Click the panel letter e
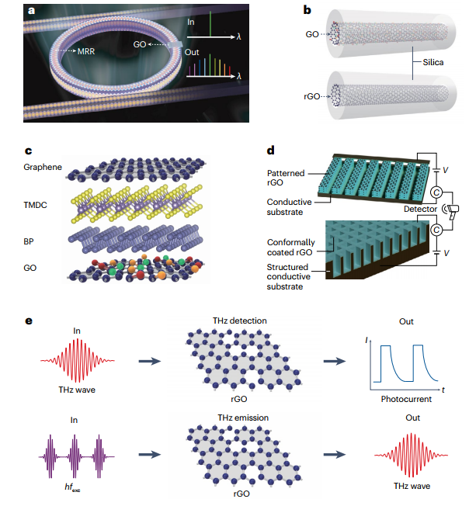[x=30, y=320]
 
